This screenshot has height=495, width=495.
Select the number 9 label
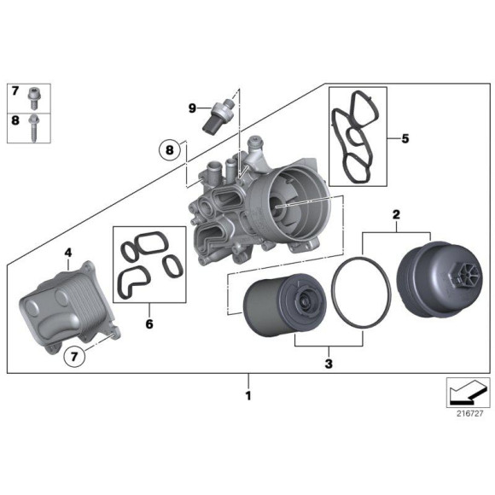tap(193, 108)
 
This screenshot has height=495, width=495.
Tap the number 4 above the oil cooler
tap(68, 253)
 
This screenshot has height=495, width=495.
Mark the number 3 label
tap(329, 364)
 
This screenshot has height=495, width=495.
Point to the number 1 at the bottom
tap(248, 395)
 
